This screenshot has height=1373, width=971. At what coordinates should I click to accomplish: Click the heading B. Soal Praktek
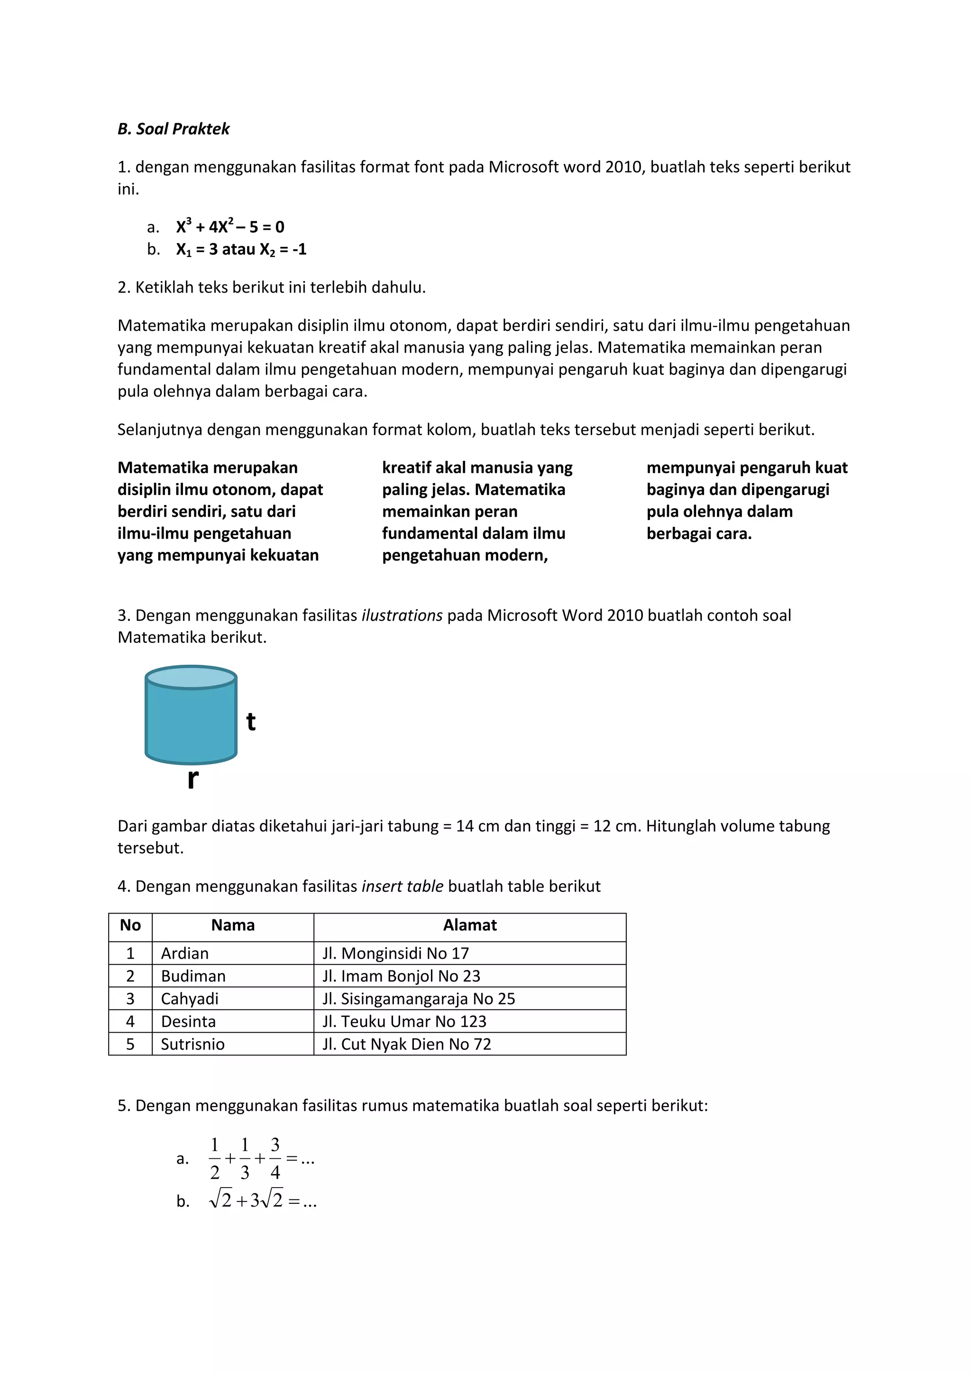[174, 129]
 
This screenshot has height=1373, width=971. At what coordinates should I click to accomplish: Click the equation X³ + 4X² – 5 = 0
[230, 227]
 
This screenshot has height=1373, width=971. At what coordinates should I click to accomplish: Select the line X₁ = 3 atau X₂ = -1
[241, 249]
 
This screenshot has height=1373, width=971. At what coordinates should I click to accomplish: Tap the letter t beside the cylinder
[251, 722]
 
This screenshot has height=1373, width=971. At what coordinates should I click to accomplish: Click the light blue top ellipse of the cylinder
[191, 678]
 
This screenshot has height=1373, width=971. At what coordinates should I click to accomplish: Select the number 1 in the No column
[130, 953]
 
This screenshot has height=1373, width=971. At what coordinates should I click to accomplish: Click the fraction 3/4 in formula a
[275, 1158]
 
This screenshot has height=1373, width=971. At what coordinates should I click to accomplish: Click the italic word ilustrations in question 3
[402, 615]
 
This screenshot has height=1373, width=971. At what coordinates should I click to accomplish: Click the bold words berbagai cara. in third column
[698, 533]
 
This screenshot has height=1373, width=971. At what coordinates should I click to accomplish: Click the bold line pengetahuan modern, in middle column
[465, 556]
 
